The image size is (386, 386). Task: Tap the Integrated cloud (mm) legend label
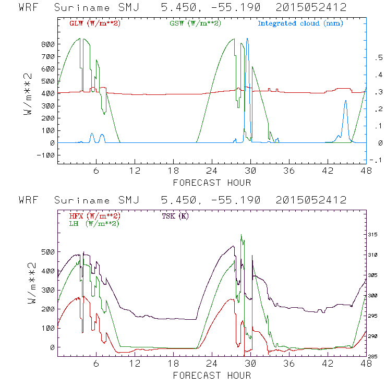coord(300,23)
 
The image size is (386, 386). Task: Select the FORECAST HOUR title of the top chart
coord(212,183)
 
